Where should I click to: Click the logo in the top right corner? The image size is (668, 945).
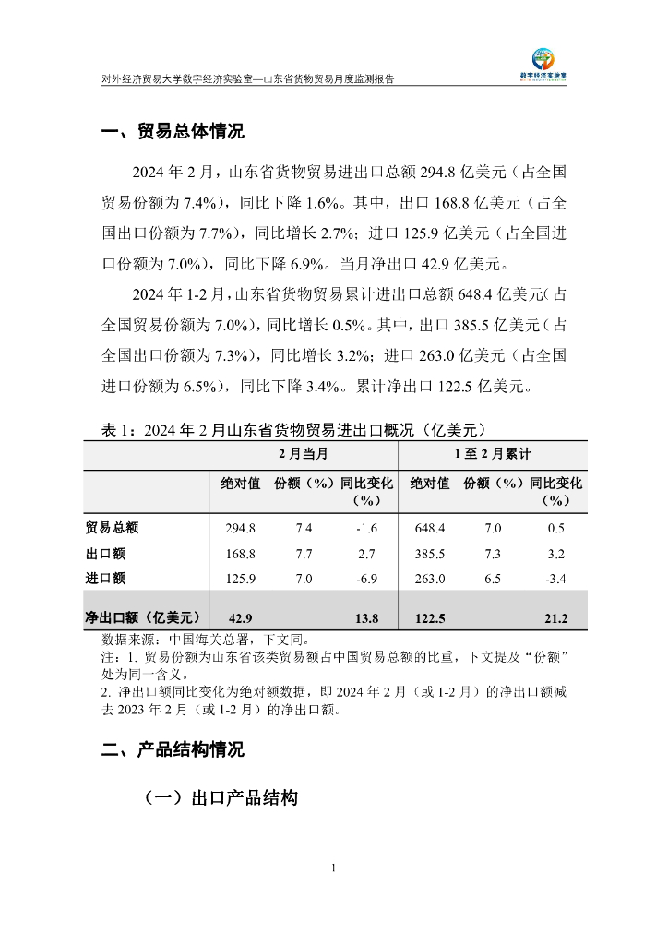[x=549, y=65]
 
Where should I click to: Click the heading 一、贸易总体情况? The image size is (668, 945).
[x=173, y=132]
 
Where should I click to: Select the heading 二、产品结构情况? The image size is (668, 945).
[x=173, y=750]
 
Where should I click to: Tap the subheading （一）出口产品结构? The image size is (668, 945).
[x=221, y=799]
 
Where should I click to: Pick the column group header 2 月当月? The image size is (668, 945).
[x=304, y=455]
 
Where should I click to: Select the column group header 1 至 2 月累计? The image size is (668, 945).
[x=493, y=455]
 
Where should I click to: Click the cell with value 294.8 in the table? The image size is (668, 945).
[x=240, y=528]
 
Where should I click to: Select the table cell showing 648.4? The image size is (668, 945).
[x=430, y=528]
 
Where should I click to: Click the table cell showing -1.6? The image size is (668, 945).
[x=367, y=528]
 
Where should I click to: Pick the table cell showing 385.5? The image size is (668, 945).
[x=430, y=554]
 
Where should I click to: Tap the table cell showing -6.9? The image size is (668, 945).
[x=367, y=579]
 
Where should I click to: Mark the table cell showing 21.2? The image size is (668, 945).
[x=555, y=617]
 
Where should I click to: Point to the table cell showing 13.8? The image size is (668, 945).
[x=367, y=617]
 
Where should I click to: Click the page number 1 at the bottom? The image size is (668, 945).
[x=334, y=867]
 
